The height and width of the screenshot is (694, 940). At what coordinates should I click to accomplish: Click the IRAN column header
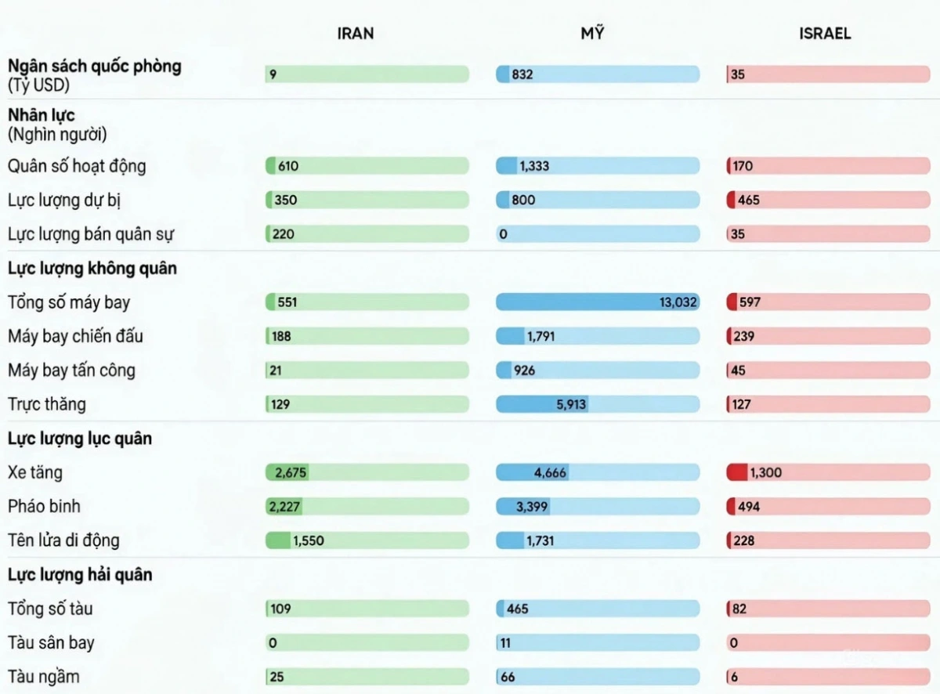click(x=355, y=34)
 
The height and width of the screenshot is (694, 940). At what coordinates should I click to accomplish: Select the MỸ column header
click(x=593, y=34)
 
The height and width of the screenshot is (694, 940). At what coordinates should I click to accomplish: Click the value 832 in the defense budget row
click(x=522, y=75)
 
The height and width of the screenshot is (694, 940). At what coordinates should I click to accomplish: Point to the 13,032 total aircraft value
click(x=678, y=302)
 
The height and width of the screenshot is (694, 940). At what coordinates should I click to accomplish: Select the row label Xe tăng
click(x=35, y=472)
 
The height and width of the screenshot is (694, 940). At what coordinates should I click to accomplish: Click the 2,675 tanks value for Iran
click(x=287, y=472)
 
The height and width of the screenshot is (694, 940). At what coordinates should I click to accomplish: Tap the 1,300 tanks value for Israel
click(x=765, y=472)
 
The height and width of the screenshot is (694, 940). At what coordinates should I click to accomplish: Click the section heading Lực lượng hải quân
click(x=80, y=575)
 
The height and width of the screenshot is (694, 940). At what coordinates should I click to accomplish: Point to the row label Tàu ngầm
click(x=43, y=677)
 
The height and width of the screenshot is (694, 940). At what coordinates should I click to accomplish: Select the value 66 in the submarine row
click(x=508, y=677)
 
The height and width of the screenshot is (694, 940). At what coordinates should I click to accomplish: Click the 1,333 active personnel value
click(x=534, y=166)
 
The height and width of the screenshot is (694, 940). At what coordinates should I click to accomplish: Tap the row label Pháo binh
click(x=44, y=506)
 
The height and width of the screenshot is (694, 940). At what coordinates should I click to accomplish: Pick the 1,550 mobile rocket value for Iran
click(x=308, y=540)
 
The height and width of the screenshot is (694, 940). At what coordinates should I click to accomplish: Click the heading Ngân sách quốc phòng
click(x=94, y=67)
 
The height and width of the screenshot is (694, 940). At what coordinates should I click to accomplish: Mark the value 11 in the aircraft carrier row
click(x=506, y=643)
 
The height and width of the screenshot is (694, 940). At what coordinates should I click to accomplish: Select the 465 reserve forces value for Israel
click(x=749, y=200)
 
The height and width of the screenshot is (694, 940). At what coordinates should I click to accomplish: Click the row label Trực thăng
click(x=47, y=405)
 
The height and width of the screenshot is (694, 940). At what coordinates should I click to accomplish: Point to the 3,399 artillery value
click(x=532, y=507)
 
